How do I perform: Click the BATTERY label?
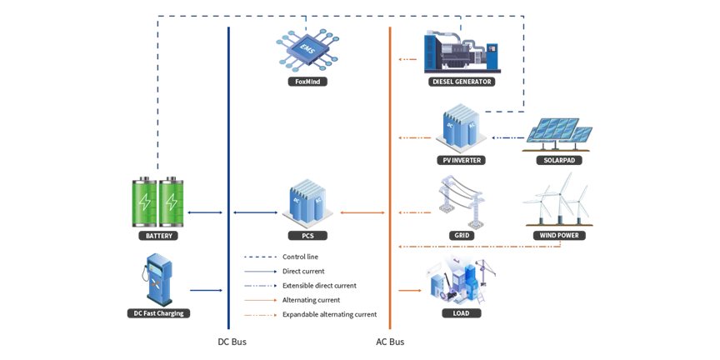click(x=158, y=236)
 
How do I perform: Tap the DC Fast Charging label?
click(x=158, y=313)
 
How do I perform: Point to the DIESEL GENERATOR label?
click(x=462, y=82)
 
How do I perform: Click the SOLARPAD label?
click(x=558, y=159)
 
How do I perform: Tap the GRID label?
click(x=462, y=236)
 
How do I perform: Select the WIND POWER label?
click(x=558, y=236)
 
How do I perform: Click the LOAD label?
click(x=461, y=313)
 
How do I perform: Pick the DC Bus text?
click(x=232, y=342)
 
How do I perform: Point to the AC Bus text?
click(x=390, y=342)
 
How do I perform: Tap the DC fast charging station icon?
click(x=156, y=279)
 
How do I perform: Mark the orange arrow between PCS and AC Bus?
click(x=363, y=213)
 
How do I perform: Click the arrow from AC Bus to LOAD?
click(x=409, y=291)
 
